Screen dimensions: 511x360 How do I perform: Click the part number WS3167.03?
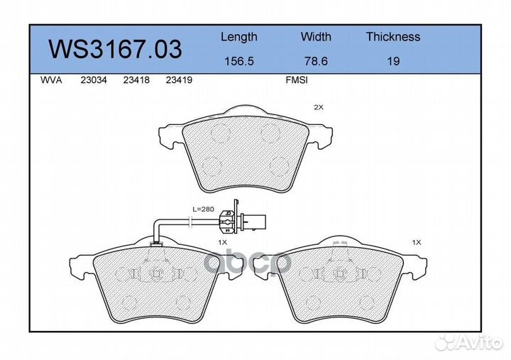115,49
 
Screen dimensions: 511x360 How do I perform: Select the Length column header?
239,37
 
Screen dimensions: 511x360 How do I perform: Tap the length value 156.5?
239,61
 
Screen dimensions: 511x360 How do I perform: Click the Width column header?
316,36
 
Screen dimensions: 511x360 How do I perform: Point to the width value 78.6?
316,61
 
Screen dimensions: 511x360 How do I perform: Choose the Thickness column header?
393,36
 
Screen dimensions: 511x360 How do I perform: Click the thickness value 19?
393,61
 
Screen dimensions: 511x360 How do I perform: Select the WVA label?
51,80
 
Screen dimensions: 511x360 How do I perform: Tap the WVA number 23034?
94,80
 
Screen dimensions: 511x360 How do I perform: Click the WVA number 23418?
136,80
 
